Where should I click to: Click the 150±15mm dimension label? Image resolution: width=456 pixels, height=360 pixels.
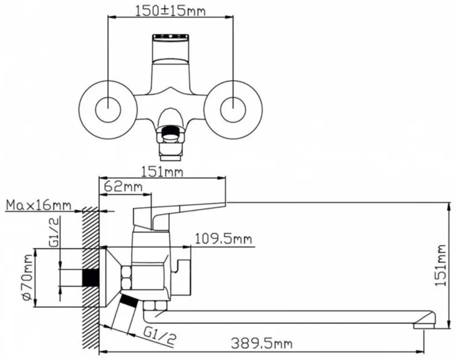pyautogui.click(x=171, y=11)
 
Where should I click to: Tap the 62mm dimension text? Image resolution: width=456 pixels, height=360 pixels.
pyautogui.click(x=123, y=186)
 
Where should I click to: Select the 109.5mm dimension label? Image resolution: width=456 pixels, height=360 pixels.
pyautogui.click(x=223, y=239)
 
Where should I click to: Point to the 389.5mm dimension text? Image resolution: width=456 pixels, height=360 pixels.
pyautogui.click(x=262, y=344)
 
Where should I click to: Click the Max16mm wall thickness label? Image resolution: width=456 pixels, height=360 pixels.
pyautogui.click(x=39, y=206)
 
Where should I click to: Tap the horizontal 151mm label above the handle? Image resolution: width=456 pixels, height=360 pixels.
pyautogui.click(x=162, y=172)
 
